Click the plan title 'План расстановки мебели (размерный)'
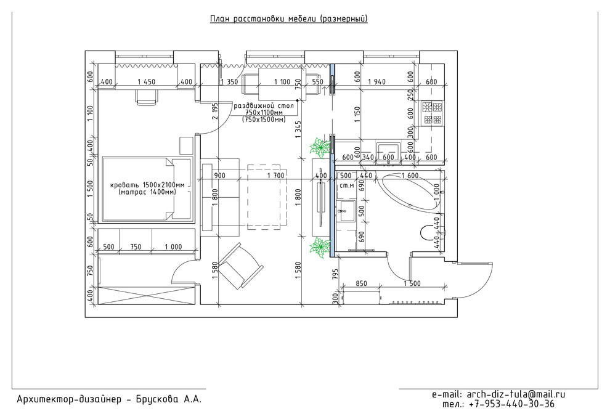click(288, 18)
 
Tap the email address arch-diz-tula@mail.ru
click(516, 394)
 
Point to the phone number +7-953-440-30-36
click(512, 404)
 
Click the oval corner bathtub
click(410, 193)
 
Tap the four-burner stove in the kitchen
click(433, 113)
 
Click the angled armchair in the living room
click(241, 266)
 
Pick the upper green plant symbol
click(320, 147)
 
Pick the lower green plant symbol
click(319, 248)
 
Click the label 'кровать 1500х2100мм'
click(147, 185)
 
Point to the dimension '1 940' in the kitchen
click(376, 82)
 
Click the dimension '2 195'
click(214, 112)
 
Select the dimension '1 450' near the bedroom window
click(146, 82)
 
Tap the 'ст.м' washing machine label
click(347, 186)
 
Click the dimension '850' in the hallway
click(361, 283)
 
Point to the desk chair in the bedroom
click(147, 97)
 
